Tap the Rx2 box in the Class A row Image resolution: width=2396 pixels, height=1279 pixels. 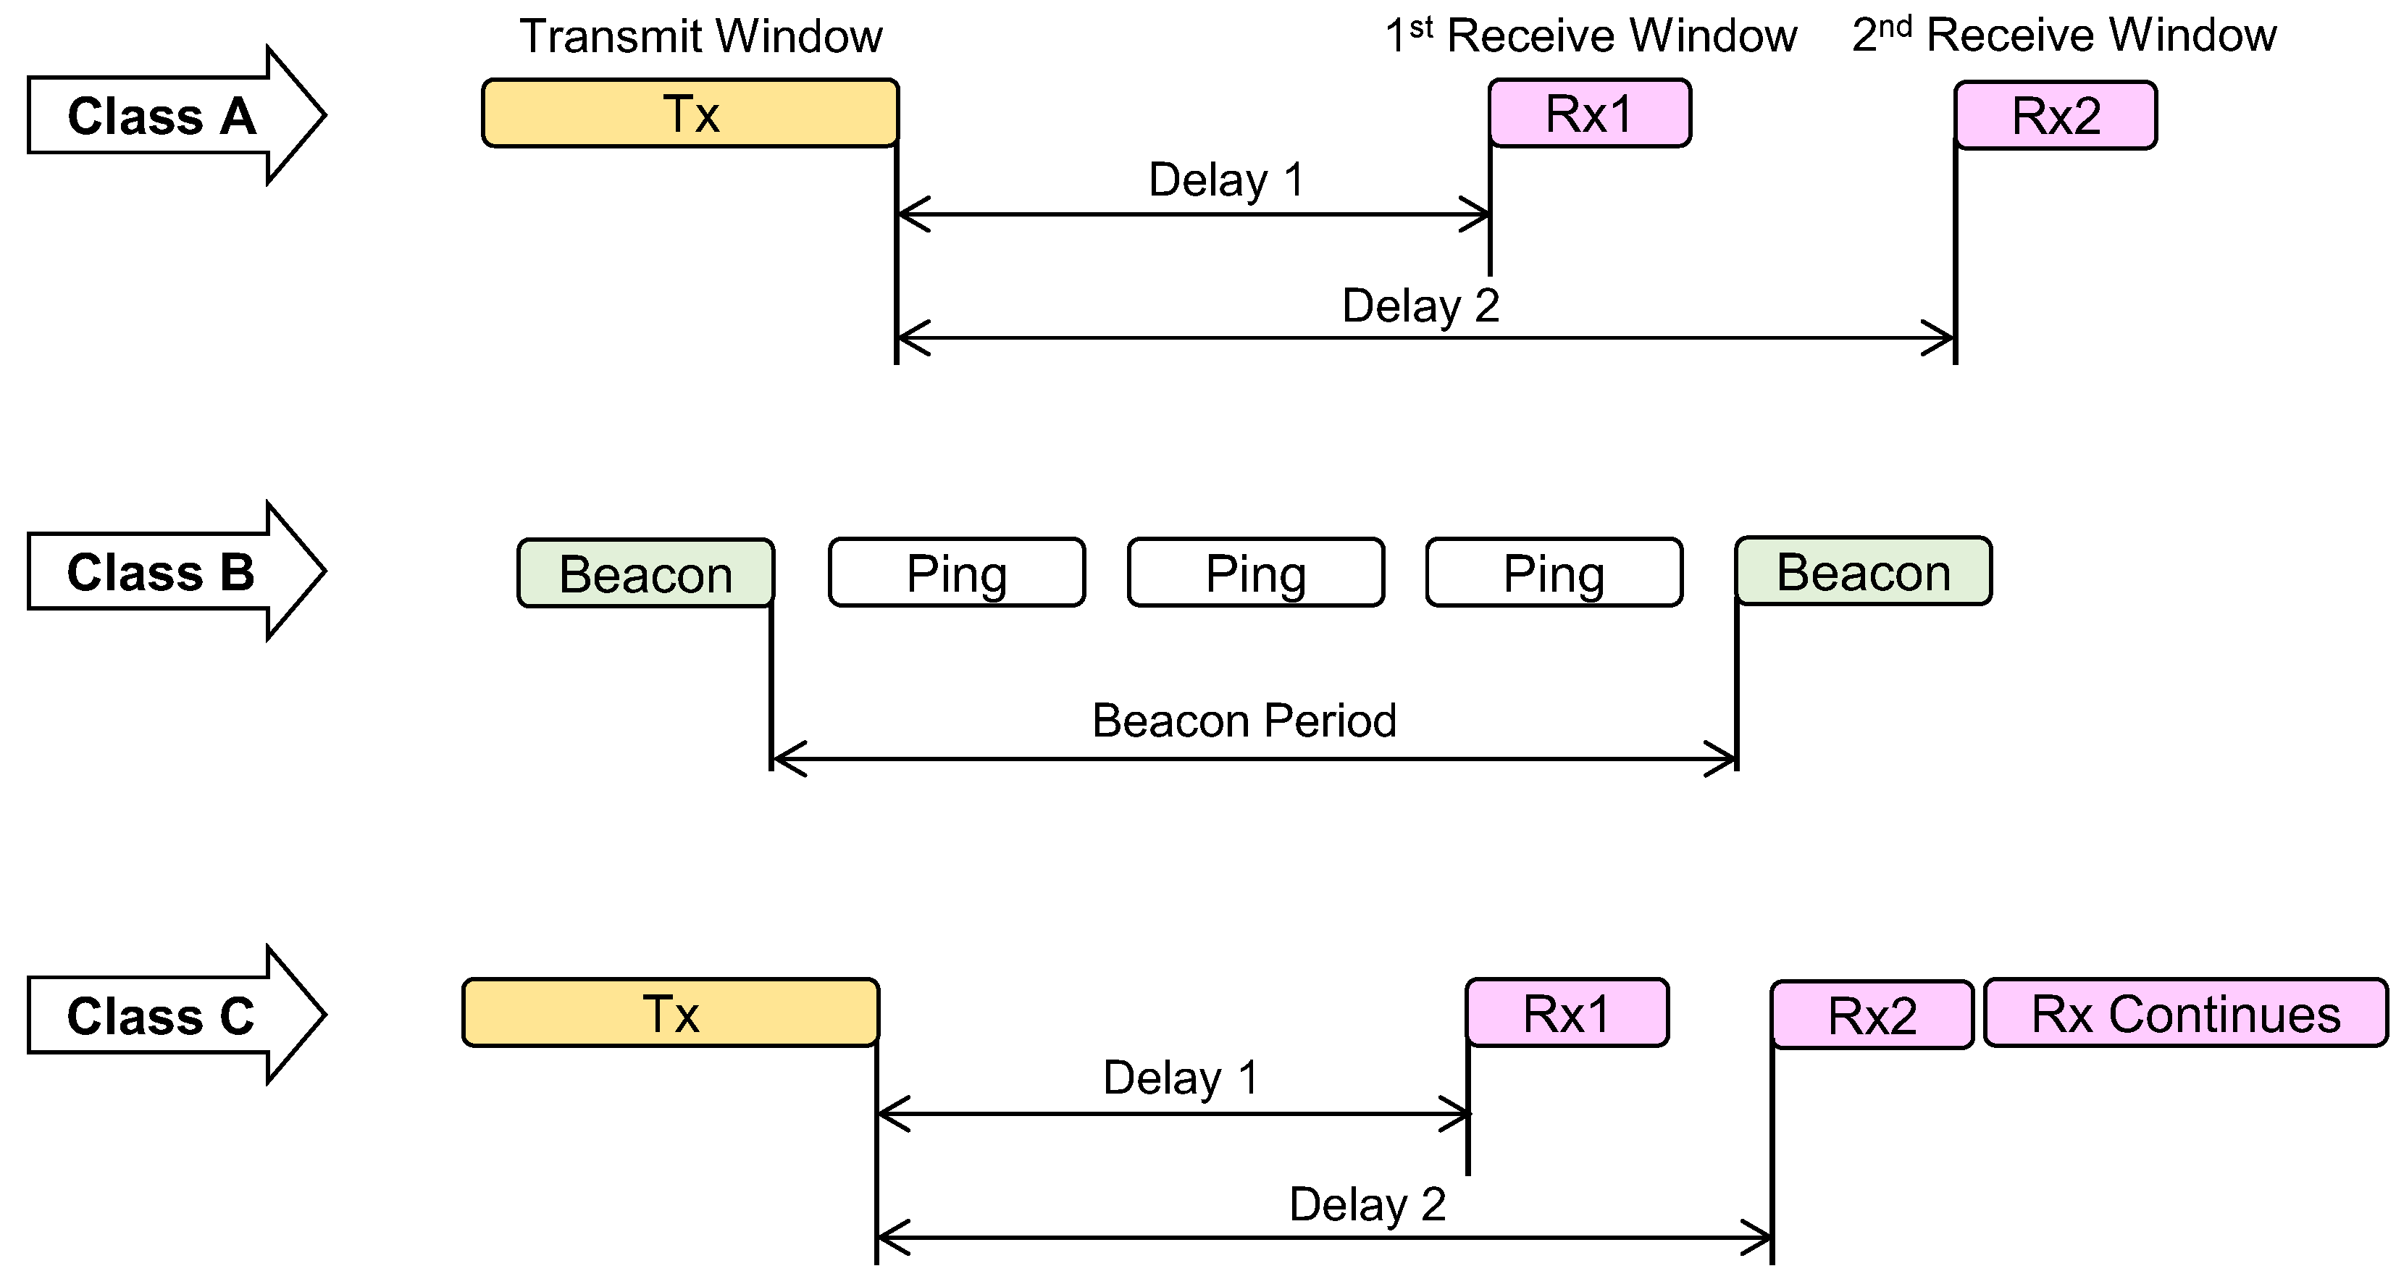coord(2056,115)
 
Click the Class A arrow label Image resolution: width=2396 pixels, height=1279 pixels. coord(163,117)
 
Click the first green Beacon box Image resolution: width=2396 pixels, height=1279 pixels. coord(645,573)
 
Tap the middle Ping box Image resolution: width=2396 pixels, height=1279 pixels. coord(1256,573)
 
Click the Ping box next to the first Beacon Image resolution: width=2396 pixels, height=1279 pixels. coord(956,573)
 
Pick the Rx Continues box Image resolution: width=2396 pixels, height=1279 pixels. coord(2185,1014)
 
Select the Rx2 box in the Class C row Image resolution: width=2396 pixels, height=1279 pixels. coord(1872,1015)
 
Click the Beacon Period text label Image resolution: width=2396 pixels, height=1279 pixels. coord(1244,721)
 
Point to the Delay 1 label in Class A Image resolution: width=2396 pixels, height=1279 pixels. coord(1226,180)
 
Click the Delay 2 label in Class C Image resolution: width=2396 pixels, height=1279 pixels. coord(1366,1204)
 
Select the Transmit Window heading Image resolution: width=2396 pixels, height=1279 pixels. coord(700,36)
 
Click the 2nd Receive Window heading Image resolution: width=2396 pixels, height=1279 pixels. coord(2064,35)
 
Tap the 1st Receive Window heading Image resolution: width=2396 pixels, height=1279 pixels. coord(1591,35)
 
